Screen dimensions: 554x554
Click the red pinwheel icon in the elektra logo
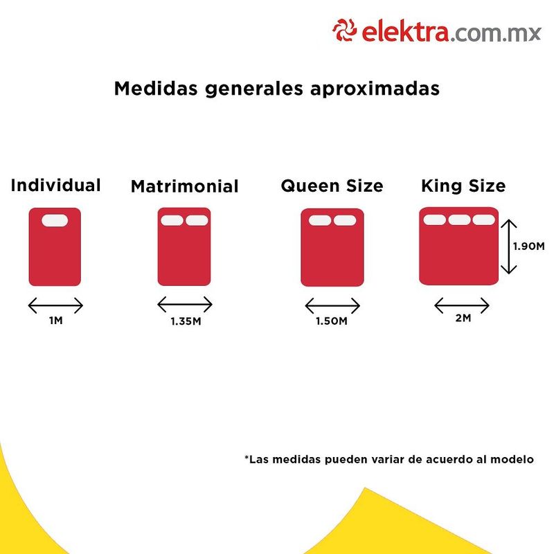coord(344,31)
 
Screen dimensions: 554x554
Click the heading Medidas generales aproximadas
coord(276,89)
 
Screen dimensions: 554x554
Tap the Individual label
coord(55,186)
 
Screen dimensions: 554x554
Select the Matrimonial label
coord(184,187)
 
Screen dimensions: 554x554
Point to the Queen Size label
coord(332,186)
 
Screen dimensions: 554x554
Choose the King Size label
coord(463,186)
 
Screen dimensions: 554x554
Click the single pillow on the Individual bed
coord(55,221)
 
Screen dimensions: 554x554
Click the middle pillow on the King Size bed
coord(459,220)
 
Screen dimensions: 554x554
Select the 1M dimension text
coord(55,321)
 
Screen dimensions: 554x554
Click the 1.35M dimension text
coord(185,321)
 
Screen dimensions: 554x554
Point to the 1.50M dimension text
coord(332,321)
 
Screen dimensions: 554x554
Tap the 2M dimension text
coord(462,318)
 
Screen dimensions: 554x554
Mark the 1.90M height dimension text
coord(529,246)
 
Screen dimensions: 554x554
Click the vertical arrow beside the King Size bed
coord(509,246)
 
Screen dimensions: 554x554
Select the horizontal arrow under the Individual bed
coord(55,305)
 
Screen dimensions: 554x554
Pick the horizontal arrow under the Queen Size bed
coord(332,305)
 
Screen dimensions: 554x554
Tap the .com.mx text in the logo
coord(497,32)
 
